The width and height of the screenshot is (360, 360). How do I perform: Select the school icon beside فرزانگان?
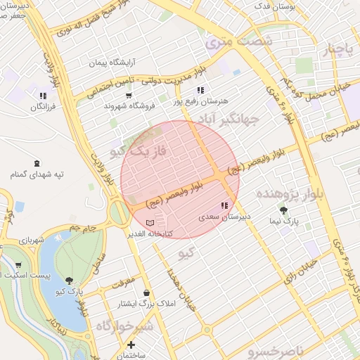tap(44, 96)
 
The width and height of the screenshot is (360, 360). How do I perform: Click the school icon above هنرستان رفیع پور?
tap(201, 90)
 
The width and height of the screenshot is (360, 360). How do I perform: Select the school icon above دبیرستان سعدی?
tap(224, 206)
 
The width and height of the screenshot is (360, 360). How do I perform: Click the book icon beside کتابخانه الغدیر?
tap(157, 223)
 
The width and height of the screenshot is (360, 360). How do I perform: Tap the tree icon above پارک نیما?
tap(283, 210)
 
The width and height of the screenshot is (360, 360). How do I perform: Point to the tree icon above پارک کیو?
tap(68, 281)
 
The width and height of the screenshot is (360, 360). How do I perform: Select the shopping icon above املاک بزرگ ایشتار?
tap(146, 292)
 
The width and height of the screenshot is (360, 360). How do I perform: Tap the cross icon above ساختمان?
tap(131, 345)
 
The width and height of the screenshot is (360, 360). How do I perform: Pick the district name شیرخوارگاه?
tap(124, 326)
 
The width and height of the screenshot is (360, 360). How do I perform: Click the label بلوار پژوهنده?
tap(289, 193)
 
